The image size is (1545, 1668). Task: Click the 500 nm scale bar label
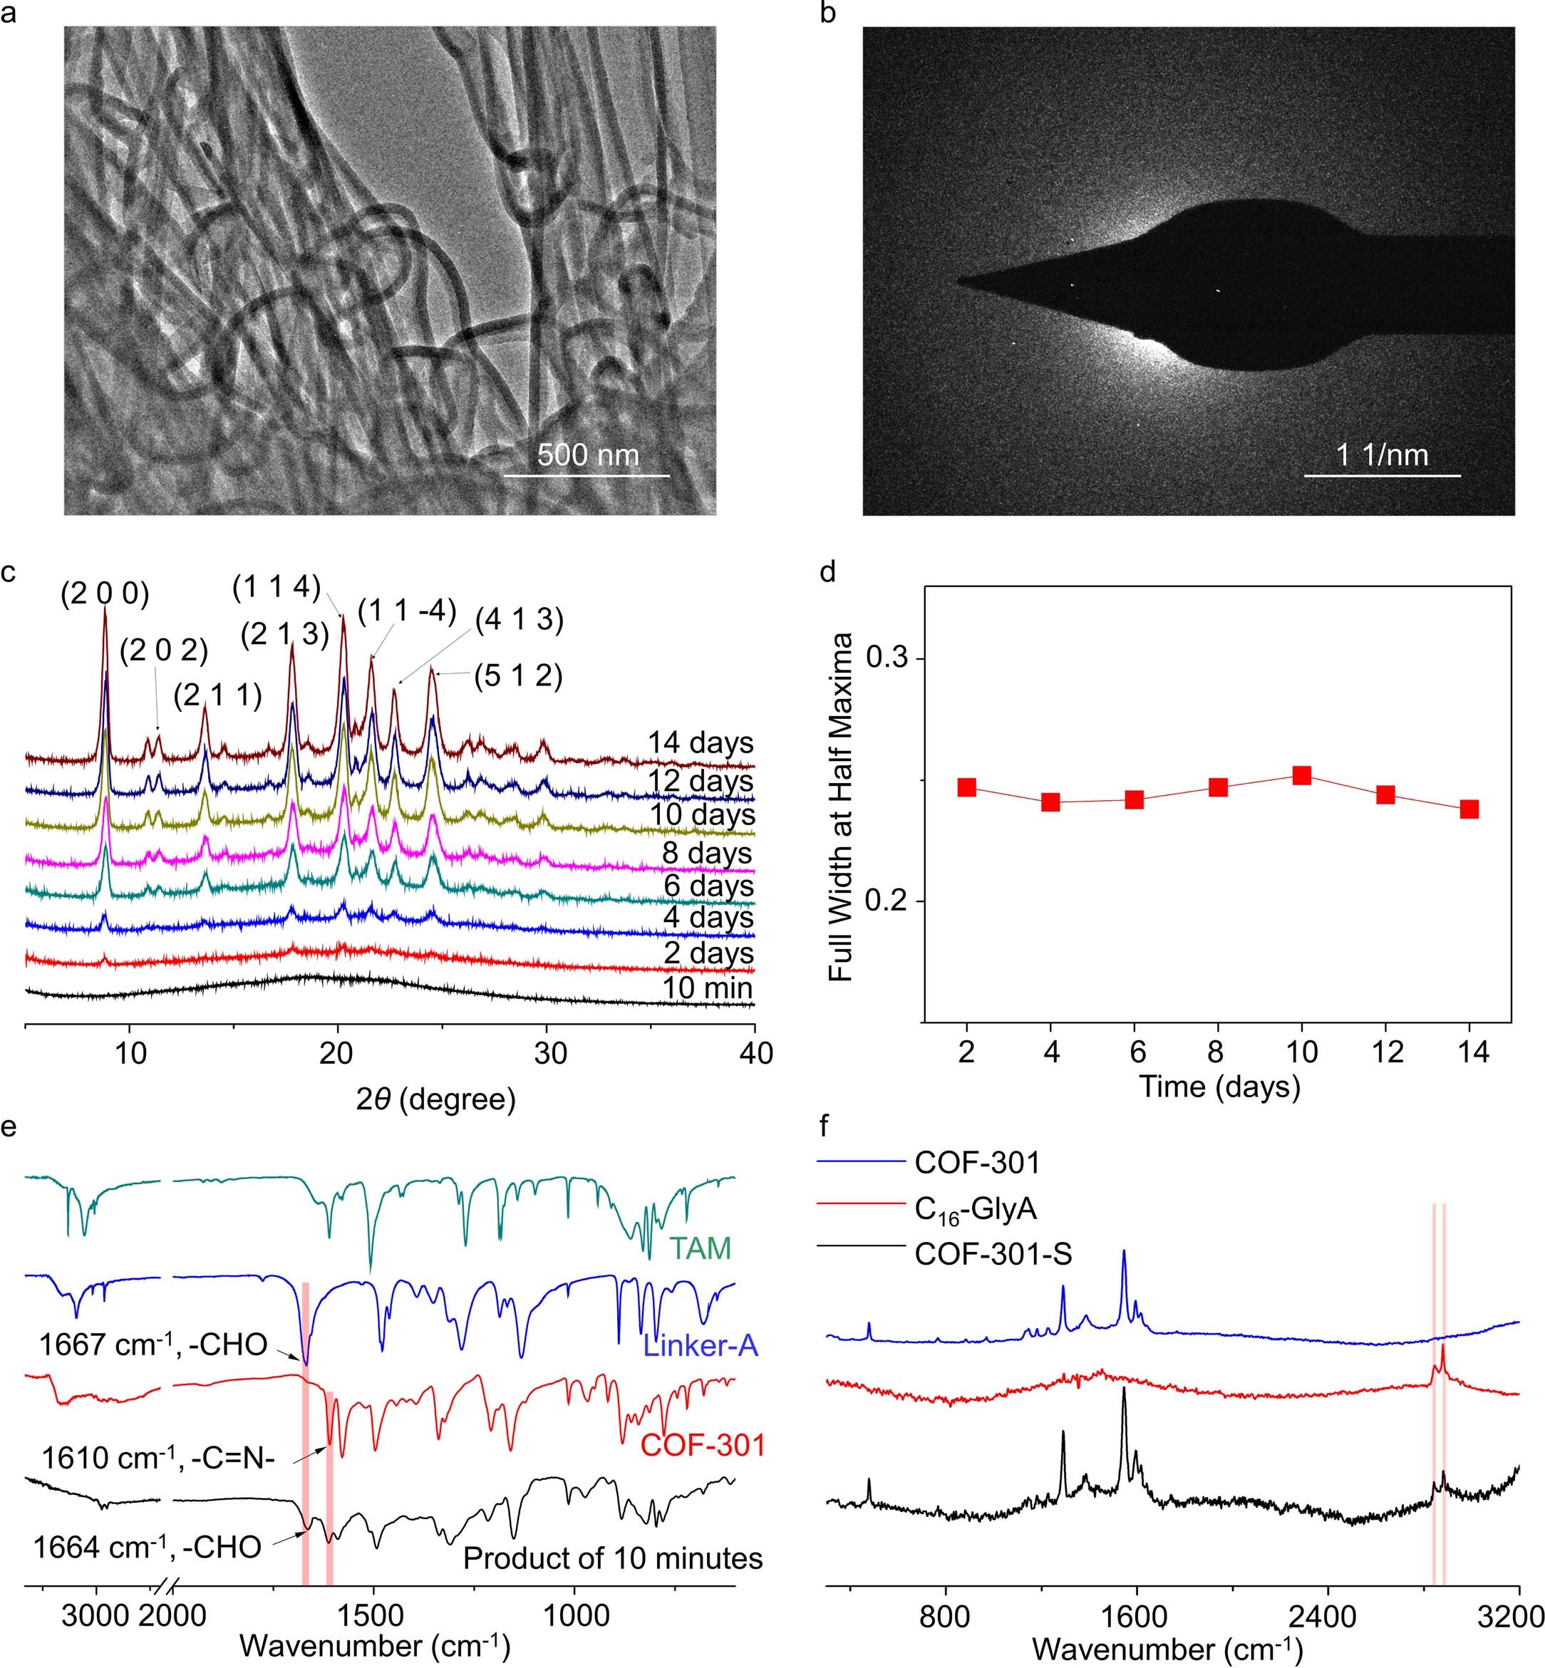pos(588,455)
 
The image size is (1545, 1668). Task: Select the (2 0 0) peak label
pos(105,594)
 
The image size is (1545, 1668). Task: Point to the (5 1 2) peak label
pos(518,676)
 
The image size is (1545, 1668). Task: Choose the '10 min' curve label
pos(707,988)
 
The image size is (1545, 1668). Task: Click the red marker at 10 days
pos(1301,775)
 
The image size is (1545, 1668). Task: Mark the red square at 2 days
pos(967,787)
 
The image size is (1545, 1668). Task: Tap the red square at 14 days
pos(1469,809)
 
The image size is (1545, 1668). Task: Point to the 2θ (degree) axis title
pos(435,1098)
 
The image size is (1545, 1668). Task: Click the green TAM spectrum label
pos(701,1248)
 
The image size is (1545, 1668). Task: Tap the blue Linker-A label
pos(701,1345)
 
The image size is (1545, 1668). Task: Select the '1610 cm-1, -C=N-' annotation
pos(158,1459)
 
